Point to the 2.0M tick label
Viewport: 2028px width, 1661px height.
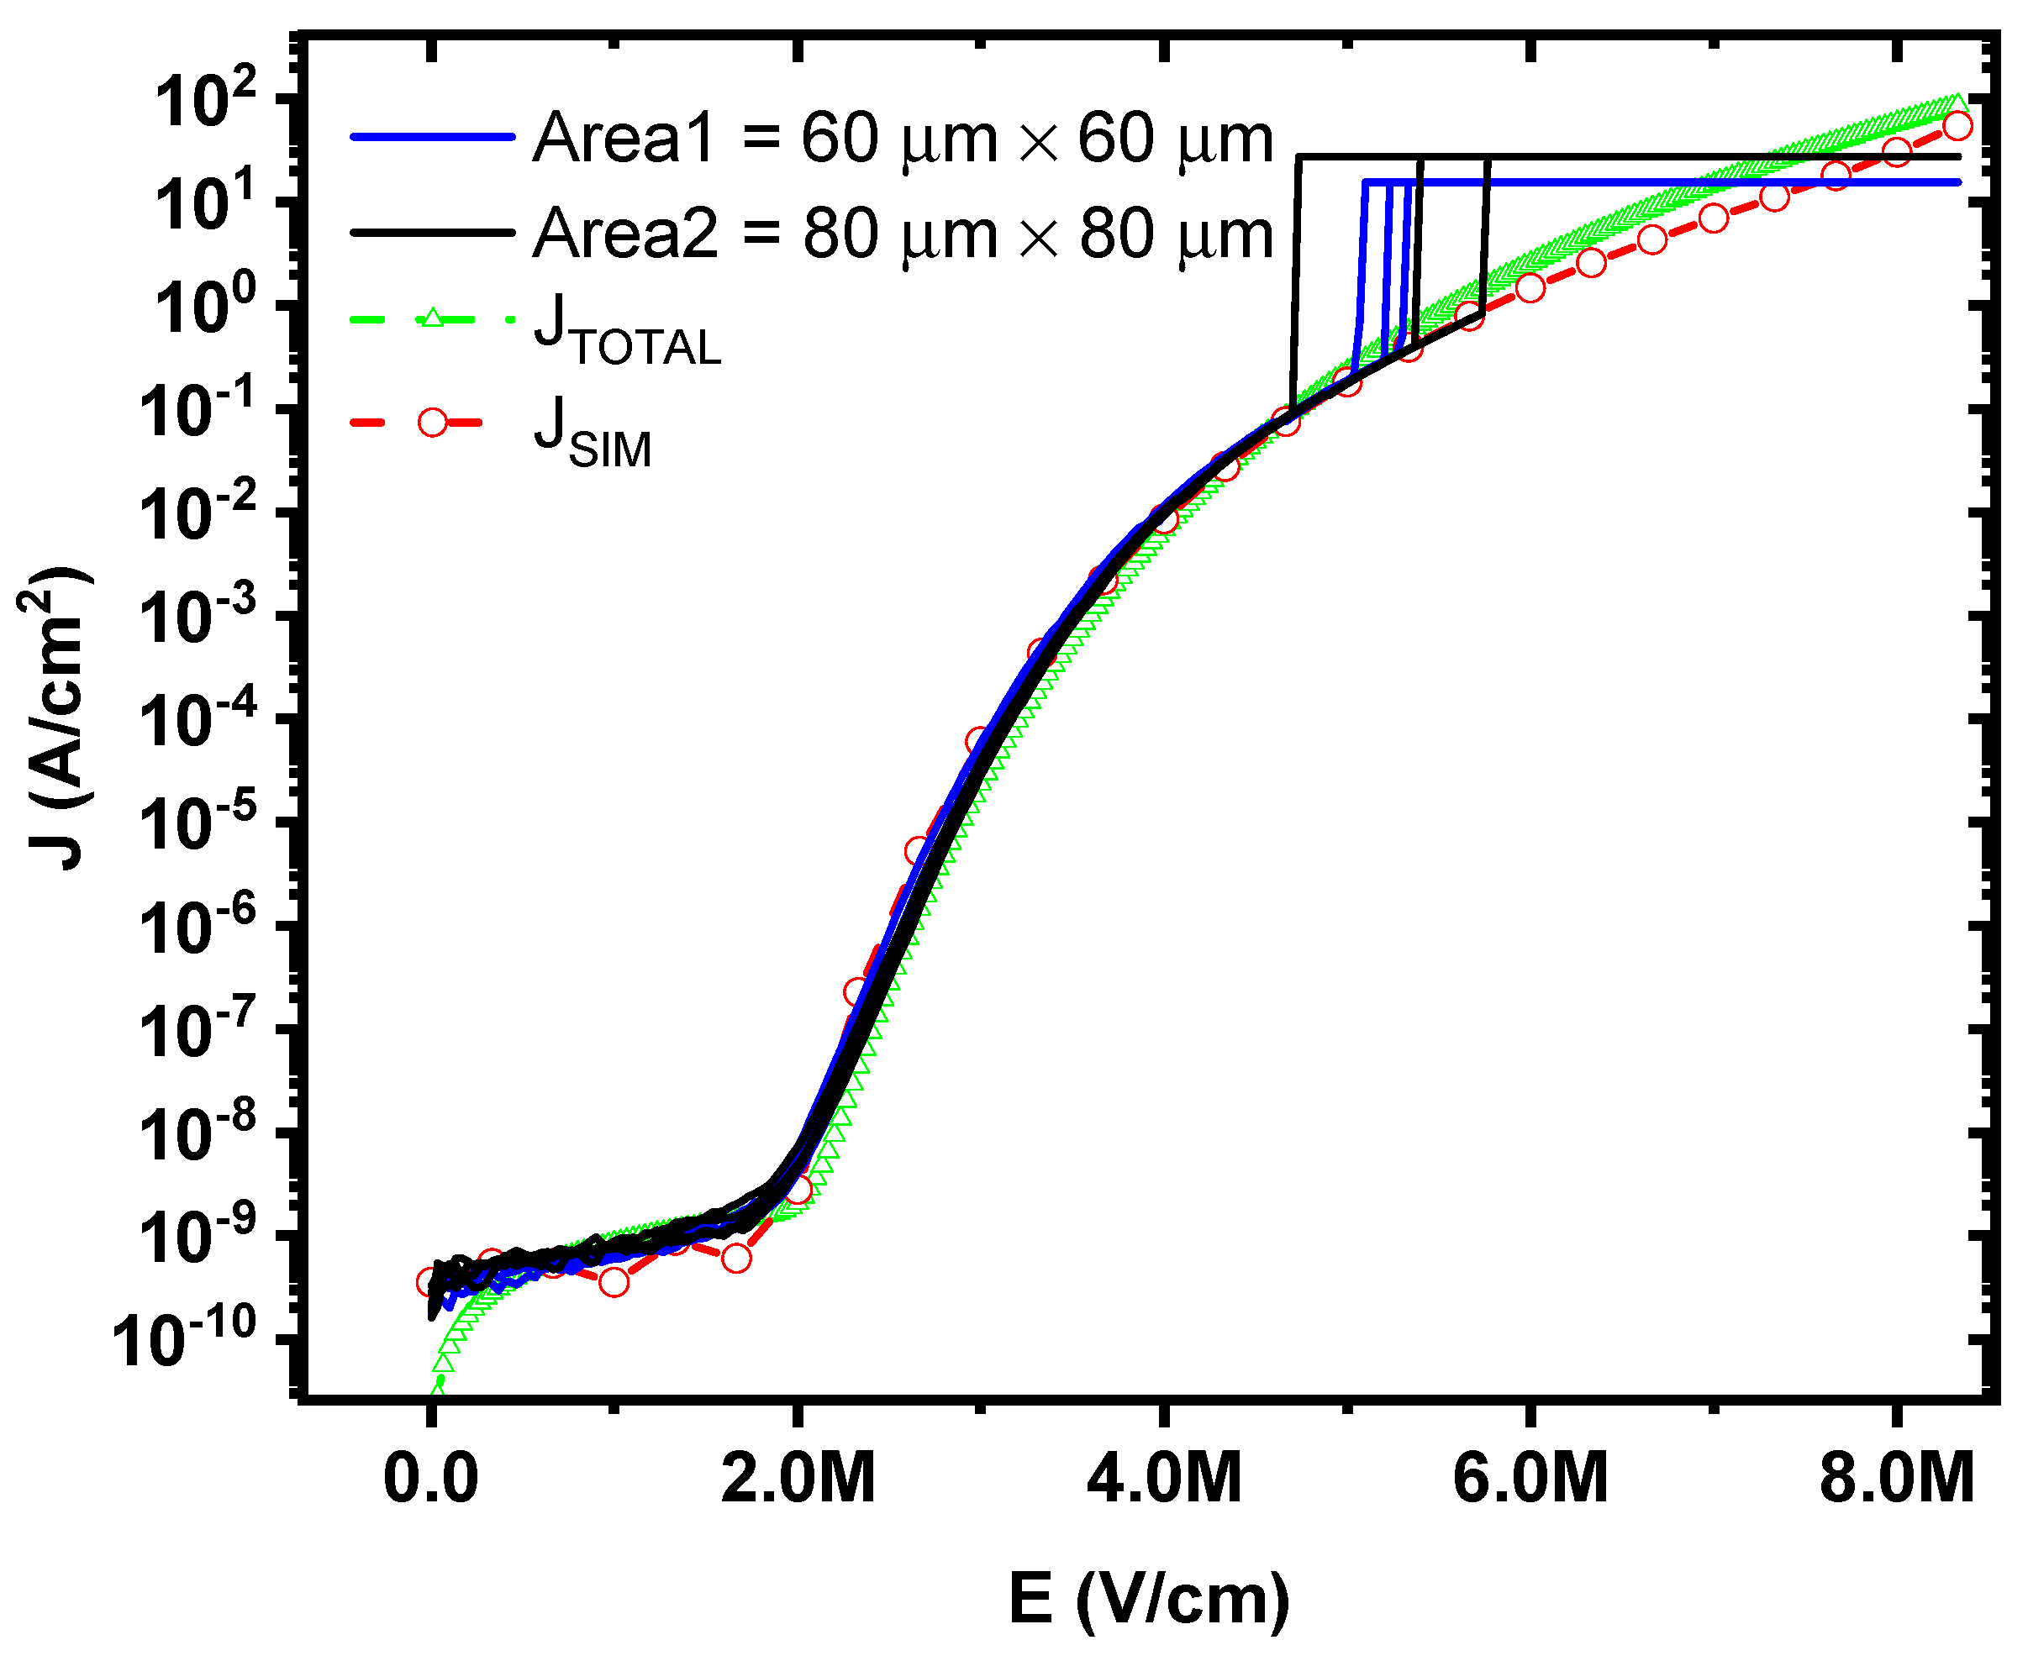coord(798,1478)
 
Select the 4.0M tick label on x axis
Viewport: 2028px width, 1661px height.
coord(1164,1478)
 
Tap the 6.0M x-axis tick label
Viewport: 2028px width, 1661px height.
coord(1530,1478)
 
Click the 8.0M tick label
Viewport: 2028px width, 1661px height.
coord(1896,1478)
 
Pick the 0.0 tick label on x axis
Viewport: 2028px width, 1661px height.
coord(430,1478)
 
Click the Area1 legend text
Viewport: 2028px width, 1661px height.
coord(903,139)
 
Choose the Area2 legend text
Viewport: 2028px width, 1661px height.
coord(903,234)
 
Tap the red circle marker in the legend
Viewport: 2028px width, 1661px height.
coord(433,422)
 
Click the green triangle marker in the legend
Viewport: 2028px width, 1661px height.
coord(433,318)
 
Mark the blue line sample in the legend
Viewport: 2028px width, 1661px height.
coord(433,138)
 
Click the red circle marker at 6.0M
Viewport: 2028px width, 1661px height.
coord(1530,287)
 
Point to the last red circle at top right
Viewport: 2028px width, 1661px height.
coord(1958,125)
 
